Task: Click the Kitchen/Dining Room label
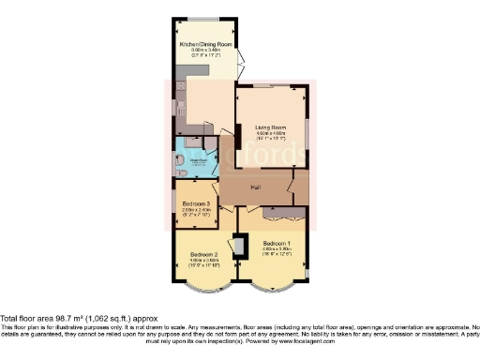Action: tap(206, 42)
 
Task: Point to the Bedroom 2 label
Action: tap(204, 254)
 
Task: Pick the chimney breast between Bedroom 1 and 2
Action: tap(239, 246)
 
